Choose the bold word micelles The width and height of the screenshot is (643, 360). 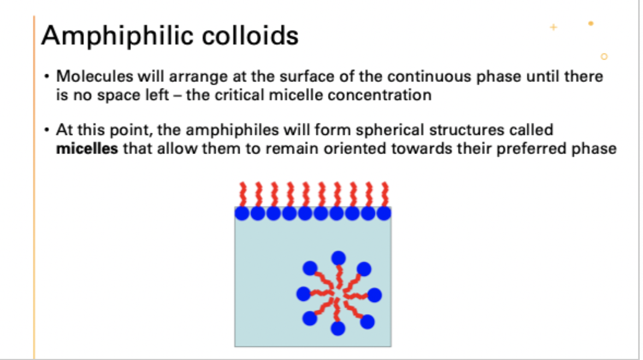87,149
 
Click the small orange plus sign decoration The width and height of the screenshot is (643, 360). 553,27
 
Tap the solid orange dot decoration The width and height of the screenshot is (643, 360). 591,23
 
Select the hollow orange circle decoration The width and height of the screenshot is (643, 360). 604,56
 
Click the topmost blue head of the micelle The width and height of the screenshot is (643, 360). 338,257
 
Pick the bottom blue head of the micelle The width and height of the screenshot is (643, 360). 338,328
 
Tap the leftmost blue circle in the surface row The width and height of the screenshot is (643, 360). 242,213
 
